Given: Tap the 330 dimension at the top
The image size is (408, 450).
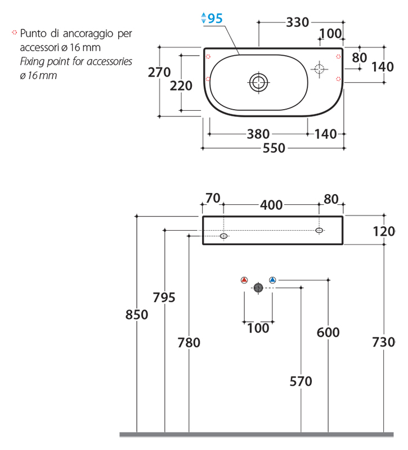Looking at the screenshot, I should coord(297,22).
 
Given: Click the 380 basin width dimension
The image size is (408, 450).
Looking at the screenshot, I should coord(258,134).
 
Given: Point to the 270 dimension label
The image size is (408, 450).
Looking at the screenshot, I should coord(159,72).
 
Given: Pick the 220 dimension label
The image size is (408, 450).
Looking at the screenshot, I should coord(181,86).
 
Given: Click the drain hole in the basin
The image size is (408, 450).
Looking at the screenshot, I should coord(258,82).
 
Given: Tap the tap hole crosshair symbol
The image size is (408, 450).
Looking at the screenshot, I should coord(319,69).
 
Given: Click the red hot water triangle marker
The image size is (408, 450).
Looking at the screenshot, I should coord(244,280).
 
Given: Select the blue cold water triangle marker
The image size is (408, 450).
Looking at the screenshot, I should coord(272,280).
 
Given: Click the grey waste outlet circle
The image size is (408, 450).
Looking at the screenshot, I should coord(258,287).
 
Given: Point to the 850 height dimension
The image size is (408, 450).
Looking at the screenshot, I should coord(137,314).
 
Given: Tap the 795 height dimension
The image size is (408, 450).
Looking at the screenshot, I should coord(164,298).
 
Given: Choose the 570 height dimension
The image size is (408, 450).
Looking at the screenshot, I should coord(301,381).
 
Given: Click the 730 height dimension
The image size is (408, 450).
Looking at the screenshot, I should coord(384,342).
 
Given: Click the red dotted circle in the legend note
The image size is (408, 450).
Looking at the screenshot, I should coord(15,34).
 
